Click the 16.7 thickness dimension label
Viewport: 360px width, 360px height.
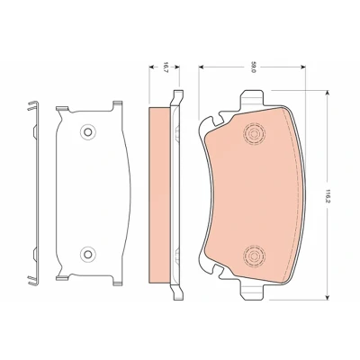[166, 67]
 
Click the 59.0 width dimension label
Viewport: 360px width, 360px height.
[253, 67]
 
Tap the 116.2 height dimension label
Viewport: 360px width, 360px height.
[328, 195]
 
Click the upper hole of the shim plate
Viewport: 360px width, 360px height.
[87, 131]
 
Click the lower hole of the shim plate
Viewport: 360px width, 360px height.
[87, 255]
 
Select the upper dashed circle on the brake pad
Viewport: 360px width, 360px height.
[254, 133]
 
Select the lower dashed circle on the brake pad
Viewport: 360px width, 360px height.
[254, 256]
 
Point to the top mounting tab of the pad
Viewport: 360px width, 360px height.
[253, 98]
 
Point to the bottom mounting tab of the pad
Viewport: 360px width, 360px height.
[253, 292]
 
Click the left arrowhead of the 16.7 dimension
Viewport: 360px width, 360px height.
[151, 67]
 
